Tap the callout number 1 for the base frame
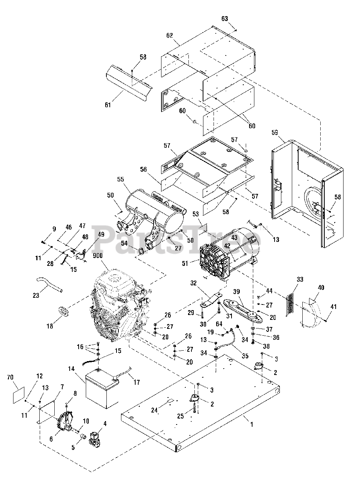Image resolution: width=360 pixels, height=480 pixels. (252, 424)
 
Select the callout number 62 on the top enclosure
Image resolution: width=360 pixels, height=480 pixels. (170, 36)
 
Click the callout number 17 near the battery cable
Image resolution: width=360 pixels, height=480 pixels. (137, 382)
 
